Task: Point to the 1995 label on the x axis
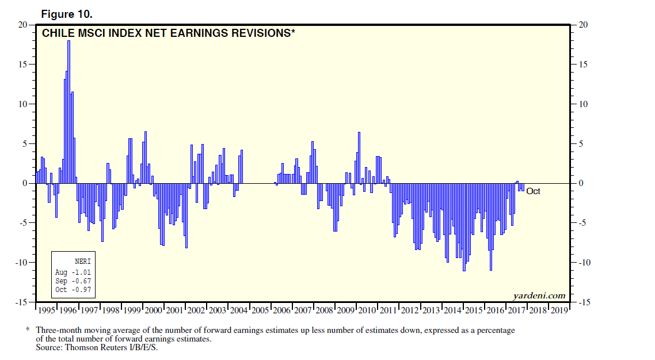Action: click(46, 310)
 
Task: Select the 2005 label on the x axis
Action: click(261, 310)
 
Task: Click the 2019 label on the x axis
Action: click(558, 310)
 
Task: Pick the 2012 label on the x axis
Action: click(410, 310)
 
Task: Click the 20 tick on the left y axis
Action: click(22, 25)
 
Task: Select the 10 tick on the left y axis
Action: click(22, 104)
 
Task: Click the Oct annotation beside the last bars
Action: click(533, 191)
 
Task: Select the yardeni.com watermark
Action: click(539, 296)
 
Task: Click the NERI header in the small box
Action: click(83, 261)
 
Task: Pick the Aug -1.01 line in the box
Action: click(73, 272)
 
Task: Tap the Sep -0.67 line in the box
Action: click(73, 281)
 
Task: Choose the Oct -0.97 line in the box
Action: click(73, 289)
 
